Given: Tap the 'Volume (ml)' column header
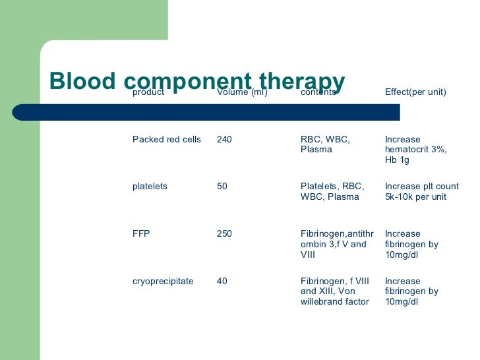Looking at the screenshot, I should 242,92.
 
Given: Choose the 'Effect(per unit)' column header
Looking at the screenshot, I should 415,92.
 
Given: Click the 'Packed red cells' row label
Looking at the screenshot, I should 167,140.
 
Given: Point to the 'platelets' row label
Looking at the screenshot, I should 150,187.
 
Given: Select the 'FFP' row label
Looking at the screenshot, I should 141,234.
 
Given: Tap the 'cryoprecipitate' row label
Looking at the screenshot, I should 163,282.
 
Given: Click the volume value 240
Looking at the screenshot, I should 224,140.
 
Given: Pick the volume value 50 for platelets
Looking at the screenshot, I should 222,187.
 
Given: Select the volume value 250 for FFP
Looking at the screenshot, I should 224,234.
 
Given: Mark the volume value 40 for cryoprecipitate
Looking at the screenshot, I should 222,282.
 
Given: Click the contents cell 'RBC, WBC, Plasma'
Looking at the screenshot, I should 325,144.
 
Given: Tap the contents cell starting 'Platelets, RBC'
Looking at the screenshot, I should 332,191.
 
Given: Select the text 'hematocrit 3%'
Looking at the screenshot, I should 415,150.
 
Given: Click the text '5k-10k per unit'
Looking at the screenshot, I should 417,196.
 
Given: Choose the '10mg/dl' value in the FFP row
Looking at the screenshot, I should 402,255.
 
